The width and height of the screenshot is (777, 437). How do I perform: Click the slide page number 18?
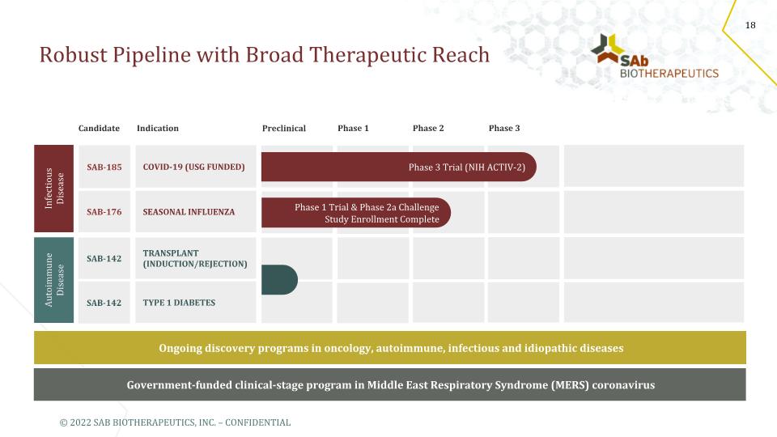pyautogui.click(x=750, y=25)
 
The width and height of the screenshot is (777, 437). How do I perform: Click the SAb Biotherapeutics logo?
pyautogui.click(x=654, y=56)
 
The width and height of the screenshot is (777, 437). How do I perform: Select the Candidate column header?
pyautogui.click(x=99, y=129)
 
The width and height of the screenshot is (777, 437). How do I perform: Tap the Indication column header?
pyautogui.click(x=158, y=129)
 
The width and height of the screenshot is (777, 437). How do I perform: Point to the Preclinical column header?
pyautogui.click(x=284, y=129)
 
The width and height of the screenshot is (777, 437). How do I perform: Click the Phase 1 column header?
pyautogui.click(x=354, y=129)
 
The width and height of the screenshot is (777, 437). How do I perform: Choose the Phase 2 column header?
pyautogui.click(x=428, y=129)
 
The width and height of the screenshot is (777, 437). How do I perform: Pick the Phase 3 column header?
pyautogui.click(x=504, y=129)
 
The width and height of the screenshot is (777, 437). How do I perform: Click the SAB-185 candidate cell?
pyautogui.click(x=104, y=167)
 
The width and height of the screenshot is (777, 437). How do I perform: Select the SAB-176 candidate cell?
pyautogui.click(x=104, y=211)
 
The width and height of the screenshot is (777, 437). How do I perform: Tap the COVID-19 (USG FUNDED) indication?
pyautogui.click(x=193, y=167)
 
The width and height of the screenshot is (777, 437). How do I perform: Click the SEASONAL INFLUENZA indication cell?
pyautogui.click(x=196, y=211)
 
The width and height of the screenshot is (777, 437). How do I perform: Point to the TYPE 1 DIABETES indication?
pyautogui.click(x=179, y=303)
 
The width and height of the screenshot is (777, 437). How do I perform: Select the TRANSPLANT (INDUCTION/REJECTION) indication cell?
pyautogui.click(x=196, y=258)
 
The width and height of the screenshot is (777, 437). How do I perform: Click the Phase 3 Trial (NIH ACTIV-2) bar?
pyautogui.click(x=399, y=167)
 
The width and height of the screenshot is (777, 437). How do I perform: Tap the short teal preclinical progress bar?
pyautogui.click(x=279, y=280)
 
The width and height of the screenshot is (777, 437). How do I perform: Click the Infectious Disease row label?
pyautogui.click(x=54, y=189)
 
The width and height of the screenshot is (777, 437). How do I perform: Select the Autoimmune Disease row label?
pyautogui.click(x=54, y=280)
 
